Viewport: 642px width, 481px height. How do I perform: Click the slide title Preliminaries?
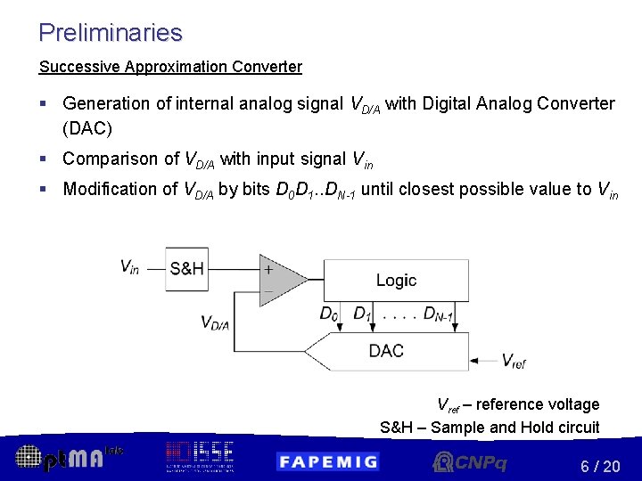(x=111, y=33)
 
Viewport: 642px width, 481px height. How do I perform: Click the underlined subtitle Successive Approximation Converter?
(x=170, y=67)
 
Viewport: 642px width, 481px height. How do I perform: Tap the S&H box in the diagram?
(x=186, y=268)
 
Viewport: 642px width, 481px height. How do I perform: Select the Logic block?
(x=396, y=280)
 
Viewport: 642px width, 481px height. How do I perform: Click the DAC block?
(x=387, y=351)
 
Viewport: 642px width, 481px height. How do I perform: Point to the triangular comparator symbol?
(x=278, y=280)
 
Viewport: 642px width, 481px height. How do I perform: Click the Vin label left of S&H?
(x=130, y=267)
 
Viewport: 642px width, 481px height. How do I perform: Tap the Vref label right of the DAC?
(x=514, y=361)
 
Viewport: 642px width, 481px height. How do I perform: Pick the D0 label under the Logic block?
(x=329, y=314)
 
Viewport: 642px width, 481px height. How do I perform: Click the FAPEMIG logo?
(x=327, y=461)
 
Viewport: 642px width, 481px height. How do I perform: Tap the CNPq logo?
(x=470, y=461)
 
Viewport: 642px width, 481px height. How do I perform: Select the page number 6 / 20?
(x=600, y=466)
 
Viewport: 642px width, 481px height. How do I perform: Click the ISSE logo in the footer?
(x=199, y=456)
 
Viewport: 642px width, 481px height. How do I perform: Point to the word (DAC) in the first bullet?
(x=87, y=128)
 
